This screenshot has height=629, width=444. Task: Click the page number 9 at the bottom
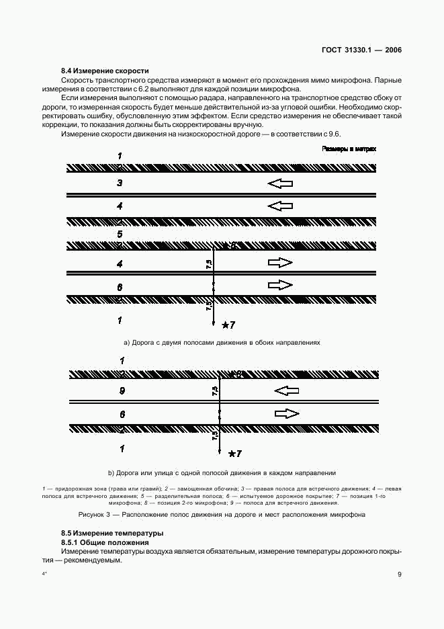(399, 575)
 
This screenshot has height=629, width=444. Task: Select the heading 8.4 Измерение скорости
(105, 71)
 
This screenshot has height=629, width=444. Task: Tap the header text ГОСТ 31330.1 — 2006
(361, 50)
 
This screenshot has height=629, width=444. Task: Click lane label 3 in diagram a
(120, 182)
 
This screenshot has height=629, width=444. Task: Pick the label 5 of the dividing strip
(120, 234)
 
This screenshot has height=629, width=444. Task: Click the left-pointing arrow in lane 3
(280, 183)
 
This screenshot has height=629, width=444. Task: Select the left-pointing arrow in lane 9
(286, 390)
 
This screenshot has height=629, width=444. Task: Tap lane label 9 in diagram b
(122, 390)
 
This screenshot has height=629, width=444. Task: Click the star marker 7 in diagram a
(228, 325)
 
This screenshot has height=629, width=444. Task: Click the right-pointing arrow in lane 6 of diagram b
(286, 413)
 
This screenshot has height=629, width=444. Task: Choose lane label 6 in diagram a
(120, 287)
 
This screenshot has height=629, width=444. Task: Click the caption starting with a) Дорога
(222, 342)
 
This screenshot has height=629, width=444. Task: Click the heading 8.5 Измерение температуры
(112, 533)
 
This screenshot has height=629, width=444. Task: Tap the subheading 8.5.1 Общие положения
(104, 542)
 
